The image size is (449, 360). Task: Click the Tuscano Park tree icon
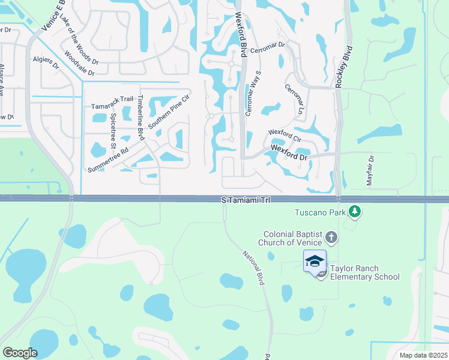tap(355, 211)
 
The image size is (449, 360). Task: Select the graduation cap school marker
tap(315, 261)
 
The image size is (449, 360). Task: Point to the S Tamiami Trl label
tap(246, 199)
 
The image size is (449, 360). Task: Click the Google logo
tap(20, 353)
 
